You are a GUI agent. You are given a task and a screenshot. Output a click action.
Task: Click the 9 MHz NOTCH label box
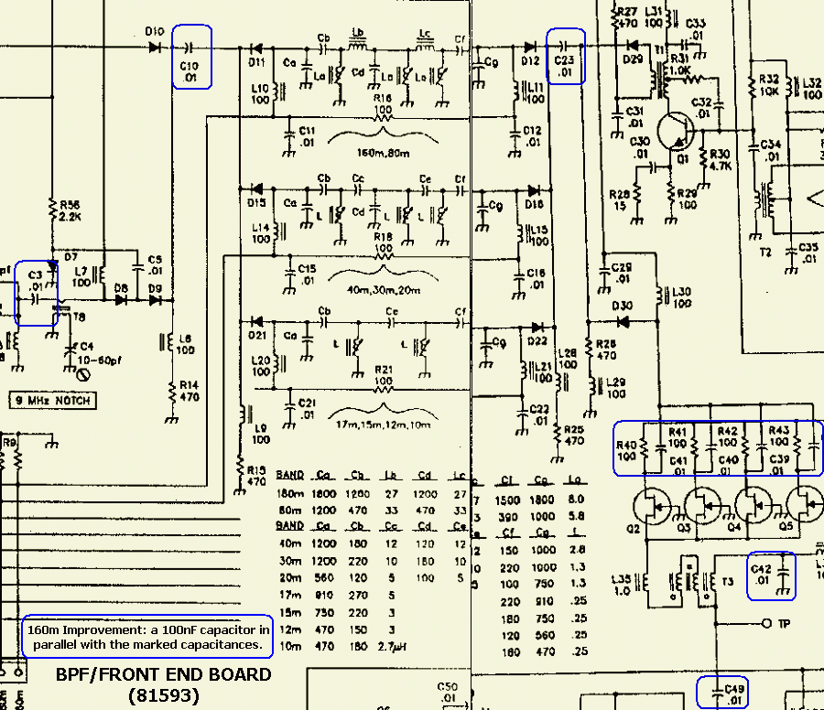click(x=52, y=401)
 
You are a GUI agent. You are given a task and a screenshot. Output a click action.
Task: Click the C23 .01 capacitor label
click(x=565, y=65)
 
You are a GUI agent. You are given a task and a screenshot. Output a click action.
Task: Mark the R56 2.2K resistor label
click(x=69, y=211)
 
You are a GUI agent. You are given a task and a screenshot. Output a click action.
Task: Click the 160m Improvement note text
click(x=148, y=638)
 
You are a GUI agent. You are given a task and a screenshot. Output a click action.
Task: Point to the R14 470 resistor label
click(x=187, y=391)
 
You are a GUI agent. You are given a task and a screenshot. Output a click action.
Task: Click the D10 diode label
click(x=154, y=31)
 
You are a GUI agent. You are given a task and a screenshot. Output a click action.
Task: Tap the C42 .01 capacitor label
click(x=761, y=575)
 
